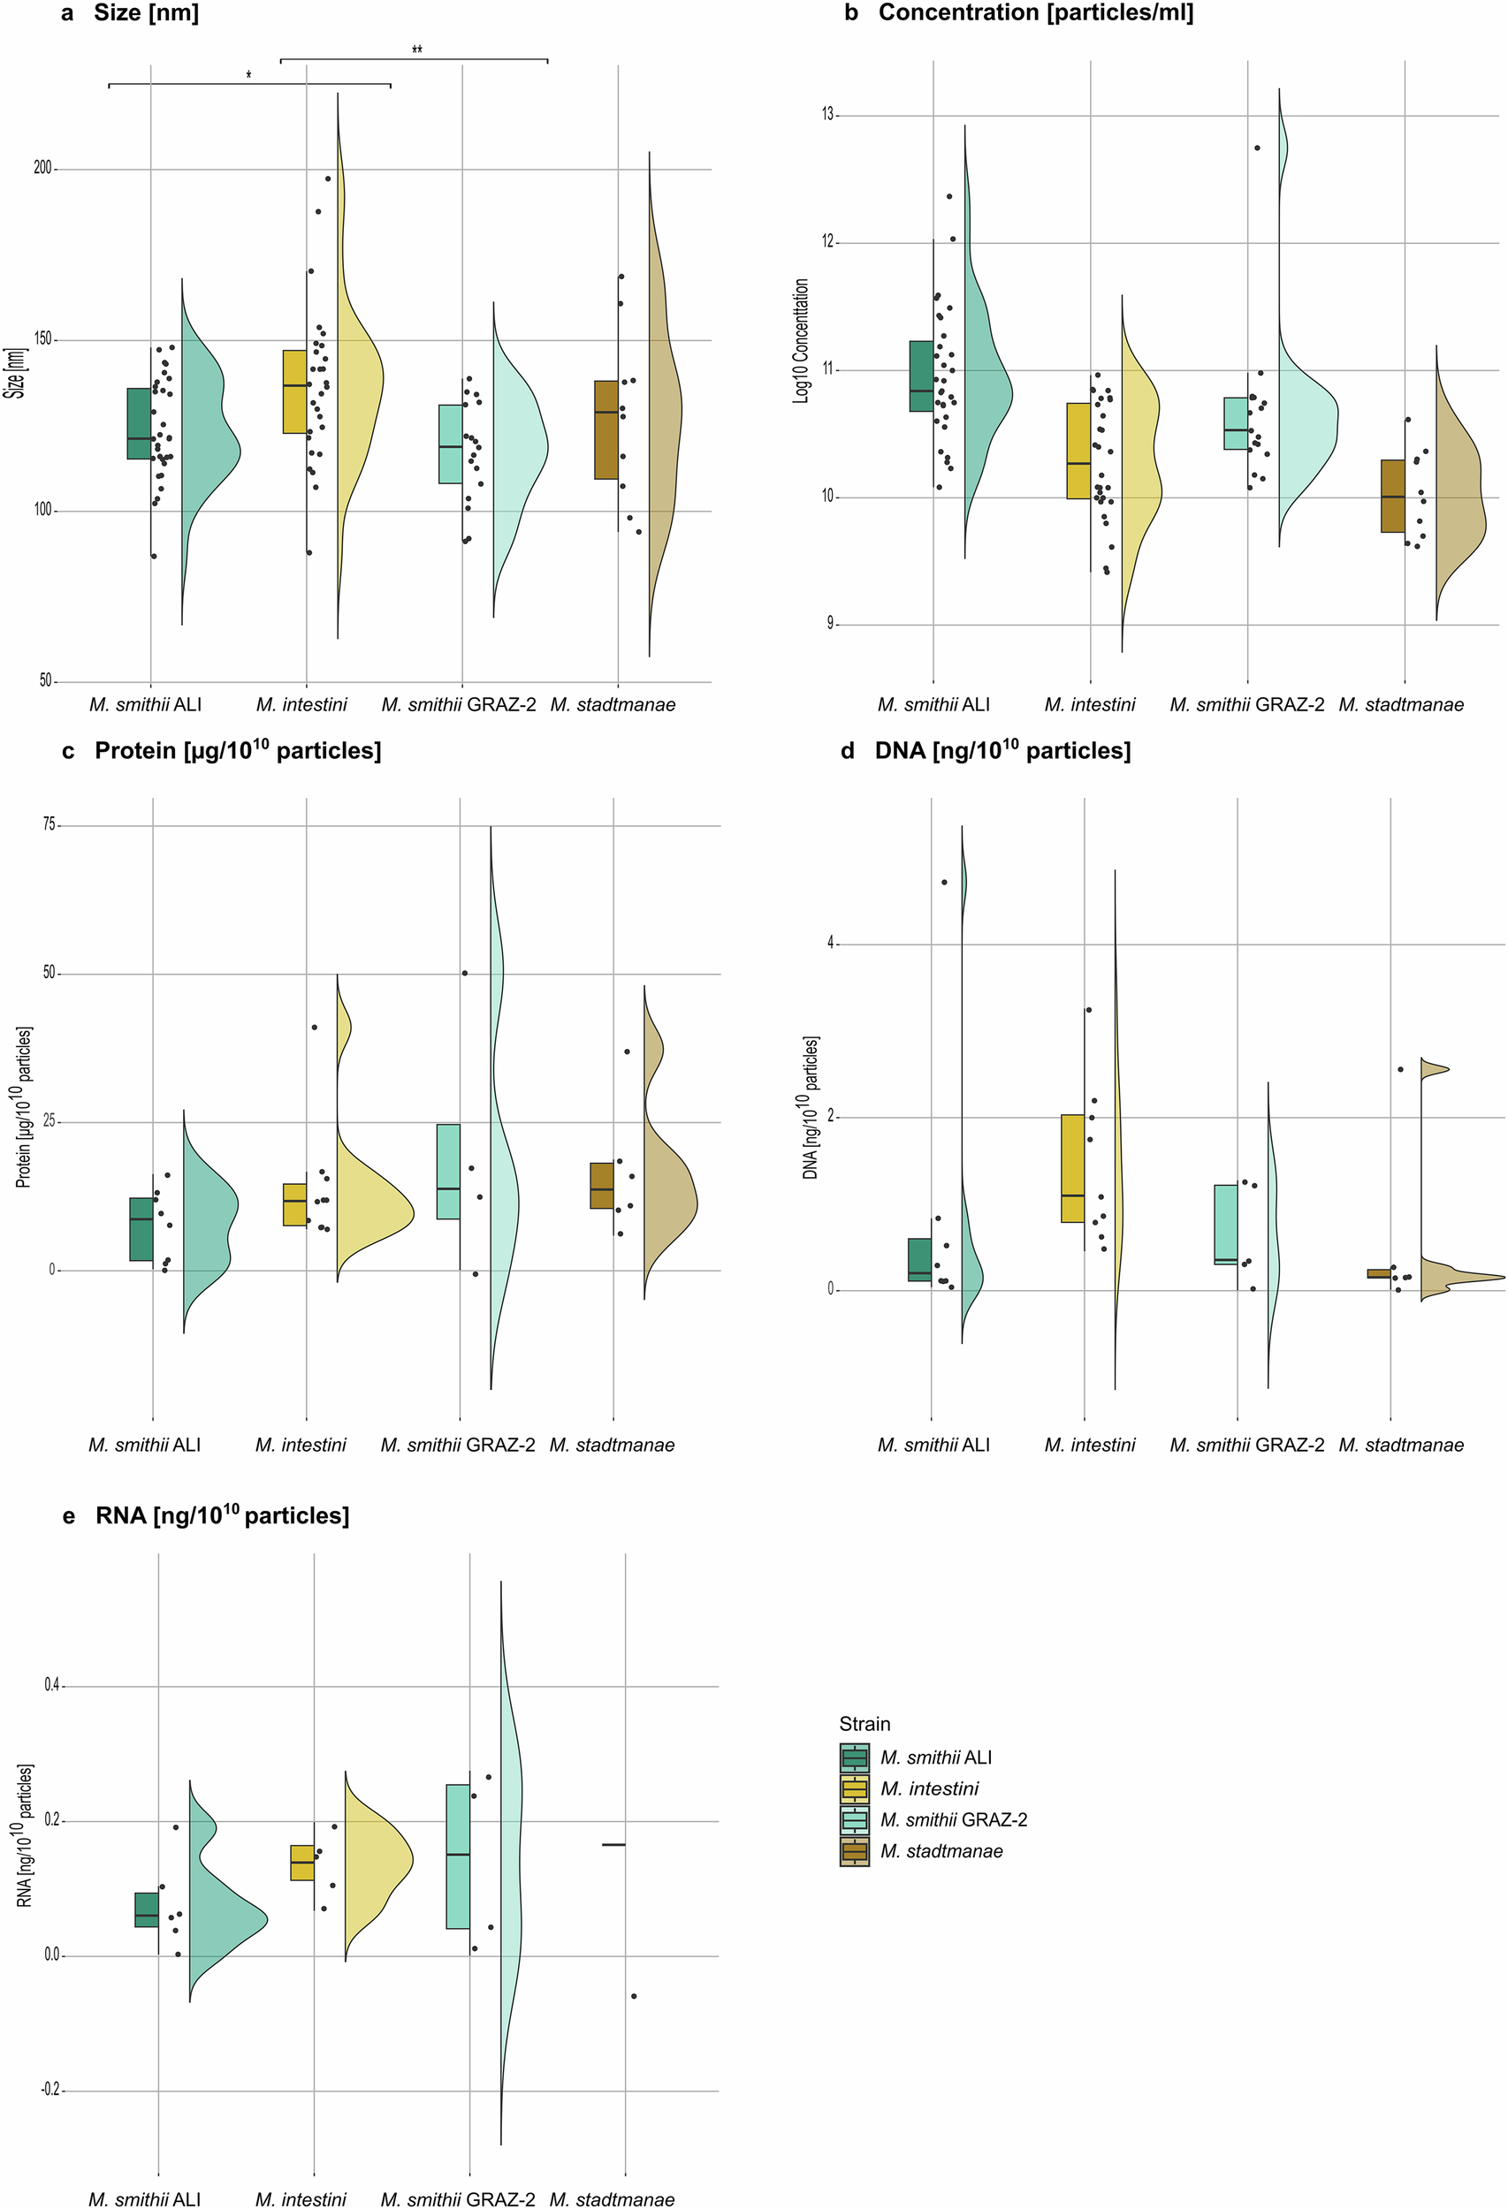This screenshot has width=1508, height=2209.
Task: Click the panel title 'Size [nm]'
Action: pos(146,13)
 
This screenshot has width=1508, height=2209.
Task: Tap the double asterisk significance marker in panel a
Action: pos(416,50)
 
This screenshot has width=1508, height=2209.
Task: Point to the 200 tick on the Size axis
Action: pos(42,168)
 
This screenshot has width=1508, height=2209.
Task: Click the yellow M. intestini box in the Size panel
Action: pos(294,391)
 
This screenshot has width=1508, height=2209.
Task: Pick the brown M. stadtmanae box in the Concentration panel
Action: pos(1393,497)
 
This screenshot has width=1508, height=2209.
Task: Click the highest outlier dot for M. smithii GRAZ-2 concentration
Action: pos(1257,148)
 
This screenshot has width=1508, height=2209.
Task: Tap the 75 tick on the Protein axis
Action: pos(49,825)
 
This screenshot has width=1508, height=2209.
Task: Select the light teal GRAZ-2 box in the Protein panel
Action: pos(449,1171)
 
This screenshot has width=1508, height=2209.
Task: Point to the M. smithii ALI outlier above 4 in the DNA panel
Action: pos(944,882)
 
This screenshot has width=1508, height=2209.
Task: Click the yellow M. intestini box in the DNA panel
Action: pos(1073,1168)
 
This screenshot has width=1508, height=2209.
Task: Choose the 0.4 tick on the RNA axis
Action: pos(50,1685)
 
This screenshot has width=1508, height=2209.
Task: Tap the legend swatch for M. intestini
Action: pos(854,1789)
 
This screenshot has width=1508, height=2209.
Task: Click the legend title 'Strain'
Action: pos(864,1724)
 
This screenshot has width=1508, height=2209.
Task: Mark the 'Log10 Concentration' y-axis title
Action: pos(801,341)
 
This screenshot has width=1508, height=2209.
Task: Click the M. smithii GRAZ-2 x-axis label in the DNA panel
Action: pos(1246,1445)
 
